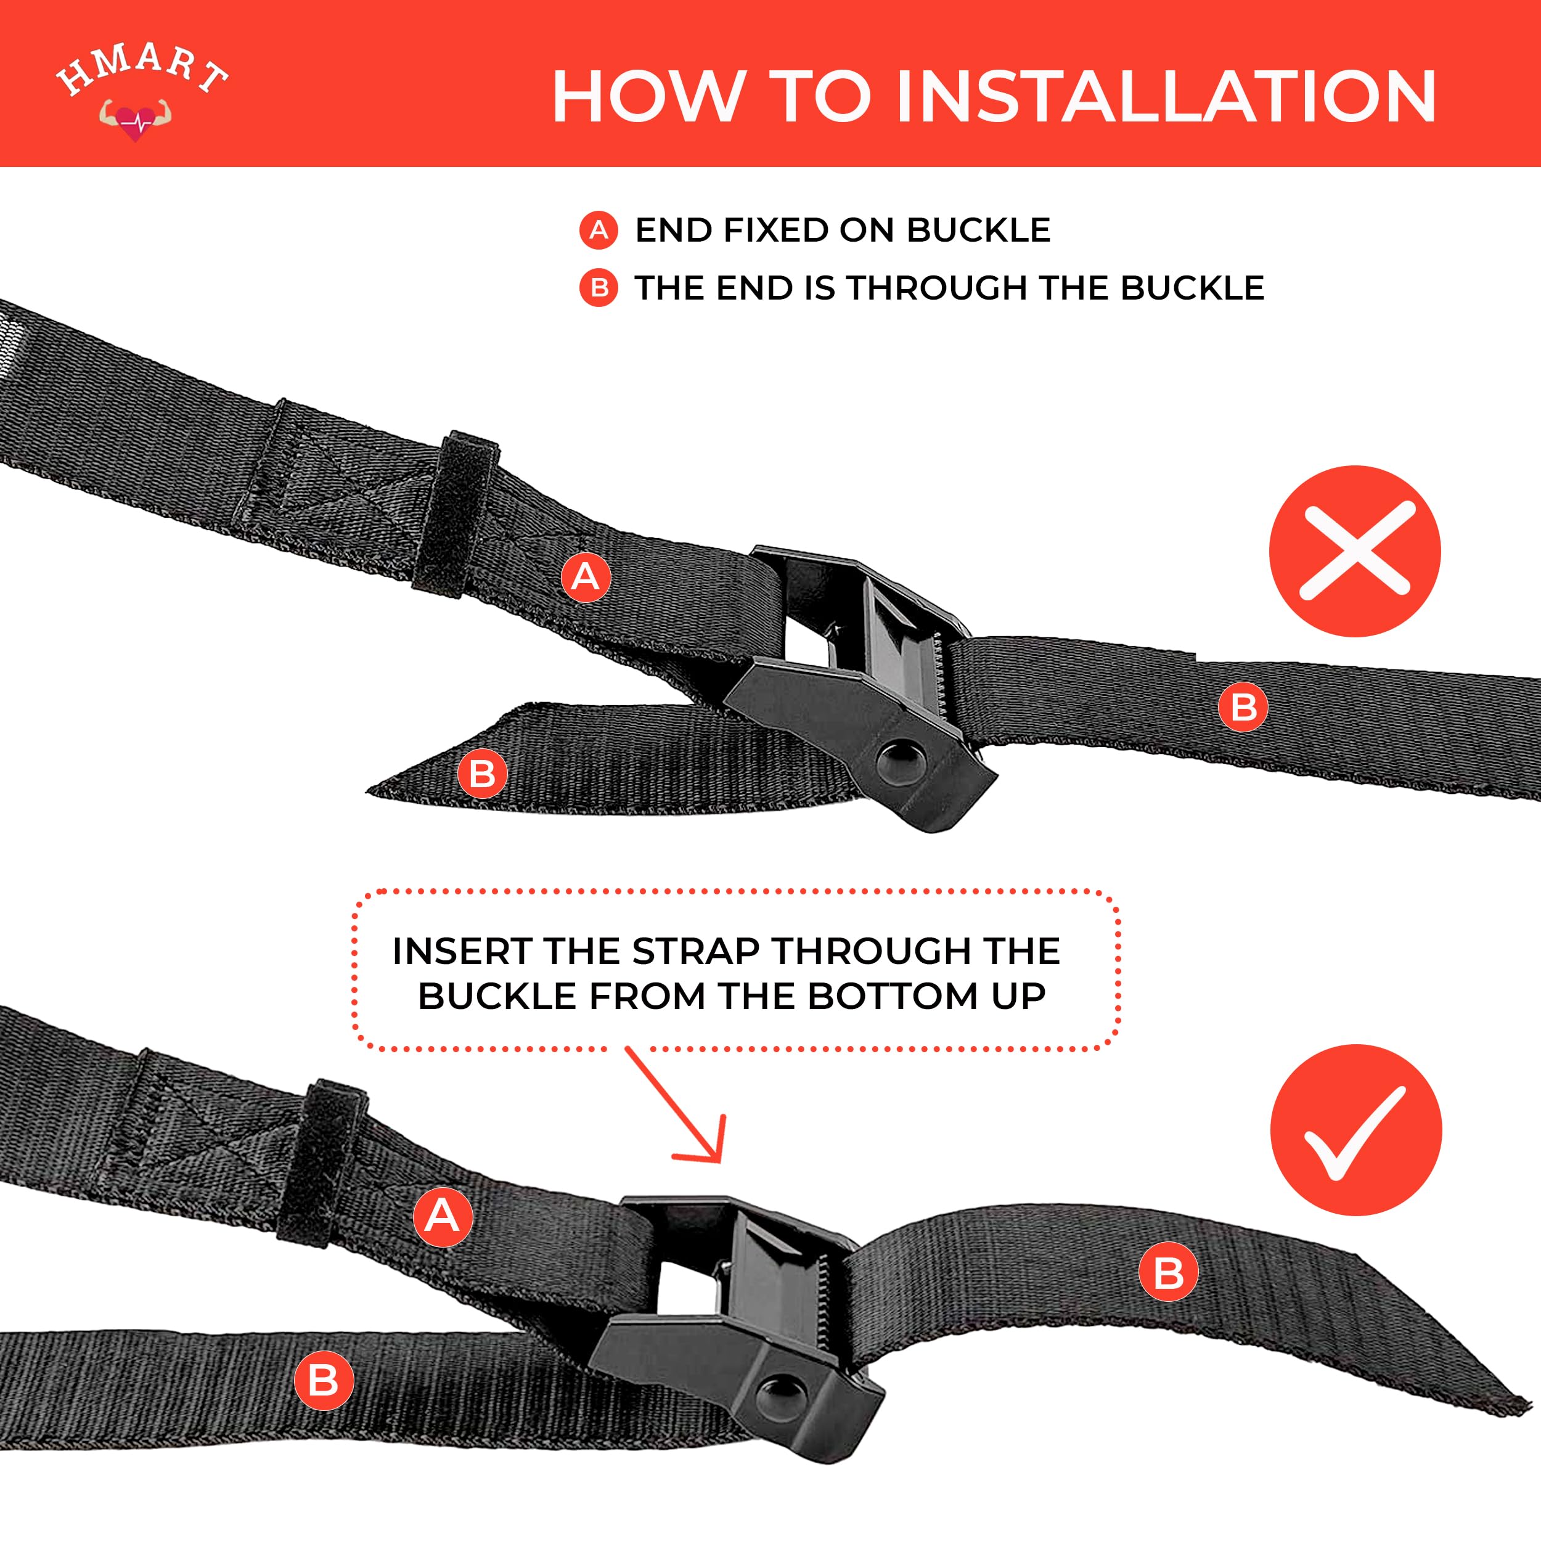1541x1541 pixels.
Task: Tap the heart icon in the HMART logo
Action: (x=136, y=120)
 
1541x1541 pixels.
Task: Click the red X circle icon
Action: (x=1355, y=551)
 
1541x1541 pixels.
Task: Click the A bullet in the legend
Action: (x=598, y=231)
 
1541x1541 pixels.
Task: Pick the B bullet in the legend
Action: (x=598, y=288)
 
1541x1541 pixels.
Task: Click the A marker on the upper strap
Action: (x=586, y=577)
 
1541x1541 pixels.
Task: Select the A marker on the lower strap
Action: (x=443, y=1216)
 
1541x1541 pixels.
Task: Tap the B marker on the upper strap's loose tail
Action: (x=483, y=774)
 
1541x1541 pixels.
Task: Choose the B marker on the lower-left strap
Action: (x=324, y=1381)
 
